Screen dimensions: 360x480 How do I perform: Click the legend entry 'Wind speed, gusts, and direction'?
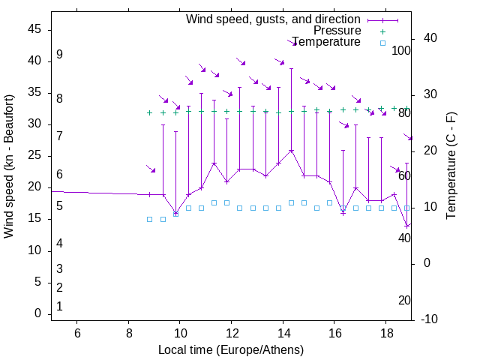[274, 19]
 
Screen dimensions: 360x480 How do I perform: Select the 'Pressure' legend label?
[337, 31]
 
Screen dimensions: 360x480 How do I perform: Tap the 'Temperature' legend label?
[327, 42]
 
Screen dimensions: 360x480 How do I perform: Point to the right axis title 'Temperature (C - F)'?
[451, 166]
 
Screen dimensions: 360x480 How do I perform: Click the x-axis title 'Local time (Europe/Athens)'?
[231, 350]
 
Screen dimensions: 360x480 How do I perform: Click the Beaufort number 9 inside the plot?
[59, 55]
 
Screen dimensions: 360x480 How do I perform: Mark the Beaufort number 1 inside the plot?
[59, 306]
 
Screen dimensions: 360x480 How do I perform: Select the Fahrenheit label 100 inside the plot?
[402, 50]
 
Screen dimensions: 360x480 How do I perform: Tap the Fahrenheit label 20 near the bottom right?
[404, 300]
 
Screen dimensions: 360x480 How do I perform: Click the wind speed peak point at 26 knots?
[291, 150]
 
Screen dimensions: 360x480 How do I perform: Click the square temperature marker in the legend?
[382, 43]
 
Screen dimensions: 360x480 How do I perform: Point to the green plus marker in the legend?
[382, 31]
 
